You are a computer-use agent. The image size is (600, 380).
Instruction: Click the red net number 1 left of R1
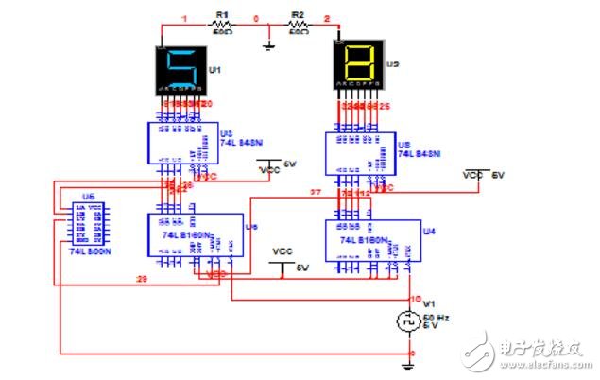pyautogui.click(x=186, y=18)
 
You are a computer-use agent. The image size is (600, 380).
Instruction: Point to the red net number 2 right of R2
pyautogui.click(x=327, y=18)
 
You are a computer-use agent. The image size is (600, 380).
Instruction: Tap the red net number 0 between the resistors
pyautogui.click(x=257, y=18)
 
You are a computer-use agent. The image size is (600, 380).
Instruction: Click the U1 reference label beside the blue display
pyautogui.click(x=214, y=70)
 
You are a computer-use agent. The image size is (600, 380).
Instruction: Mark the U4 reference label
pyautogui.click(x=429, y=230)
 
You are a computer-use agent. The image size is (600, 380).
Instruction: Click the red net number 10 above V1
pyautogui.click(x=413, y=299)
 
